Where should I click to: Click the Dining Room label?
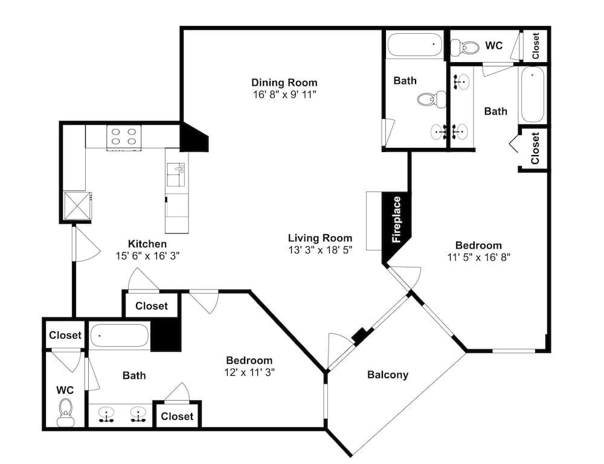(x=284, y=82)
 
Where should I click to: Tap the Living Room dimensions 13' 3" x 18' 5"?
(x=321, y=250)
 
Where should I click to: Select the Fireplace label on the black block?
(x=396, y=219)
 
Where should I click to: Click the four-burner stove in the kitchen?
(x=124, y=138)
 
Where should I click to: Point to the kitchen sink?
(x=176, y=174)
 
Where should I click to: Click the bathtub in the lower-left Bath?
(x=120, y=336)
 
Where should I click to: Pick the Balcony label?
(x=388, y=374)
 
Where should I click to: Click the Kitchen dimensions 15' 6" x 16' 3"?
(x=148, y=255)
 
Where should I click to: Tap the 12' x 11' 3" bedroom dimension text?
(x=249, y=372)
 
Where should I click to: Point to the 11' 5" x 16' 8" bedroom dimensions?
(x=479, y=257)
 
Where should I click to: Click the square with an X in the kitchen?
(x=77, y=206)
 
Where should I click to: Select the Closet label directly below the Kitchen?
(x=152, y=306)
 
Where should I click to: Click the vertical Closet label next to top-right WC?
(x=535, y=45)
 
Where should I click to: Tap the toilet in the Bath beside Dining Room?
(x=431, y=99)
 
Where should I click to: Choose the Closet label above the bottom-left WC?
(x=65, y=335)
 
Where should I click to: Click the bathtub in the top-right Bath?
(x=532, y=95)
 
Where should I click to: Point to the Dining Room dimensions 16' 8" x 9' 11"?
(x=284, y=94)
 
